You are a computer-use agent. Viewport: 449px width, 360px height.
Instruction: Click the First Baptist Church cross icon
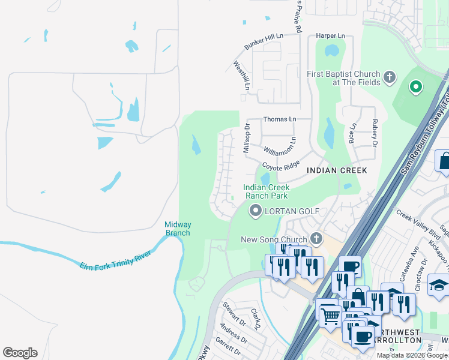click(390, 77)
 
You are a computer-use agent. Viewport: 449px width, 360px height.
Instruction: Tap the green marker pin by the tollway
click(415, 88)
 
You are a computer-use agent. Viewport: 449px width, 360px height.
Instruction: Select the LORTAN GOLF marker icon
click(256, 211)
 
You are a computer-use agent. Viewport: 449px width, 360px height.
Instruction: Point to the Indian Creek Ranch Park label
click(265, 191)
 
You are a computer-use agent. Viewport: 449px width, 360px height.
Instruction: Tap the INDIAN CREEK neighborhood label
click(337, 170)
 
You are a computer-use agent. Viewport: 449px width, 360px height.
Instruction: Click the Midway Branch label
click(178, 229)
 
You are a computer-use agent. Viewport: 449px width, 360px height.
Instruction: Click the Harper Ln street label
click(331, 36)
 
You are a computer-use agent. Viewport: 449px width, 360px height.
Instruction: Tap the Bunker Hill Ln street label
click(264, 42)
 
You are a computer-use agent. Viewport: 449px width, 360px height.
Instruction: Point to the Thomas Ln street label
click(279, 119)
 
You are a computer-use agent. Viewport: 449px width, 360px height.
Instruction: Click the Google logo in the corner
click(20, 353)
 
